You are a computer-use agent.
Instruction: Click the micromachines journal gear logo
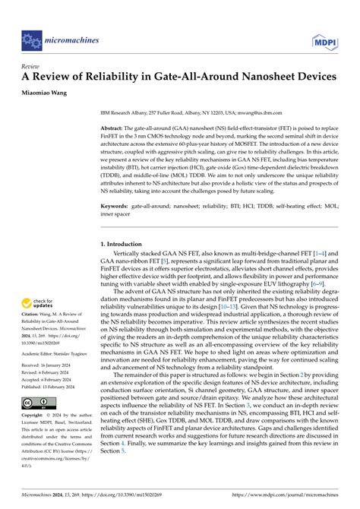pos(32,36)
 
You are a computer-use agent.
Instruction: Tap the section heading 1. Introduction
pos(127,244)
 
